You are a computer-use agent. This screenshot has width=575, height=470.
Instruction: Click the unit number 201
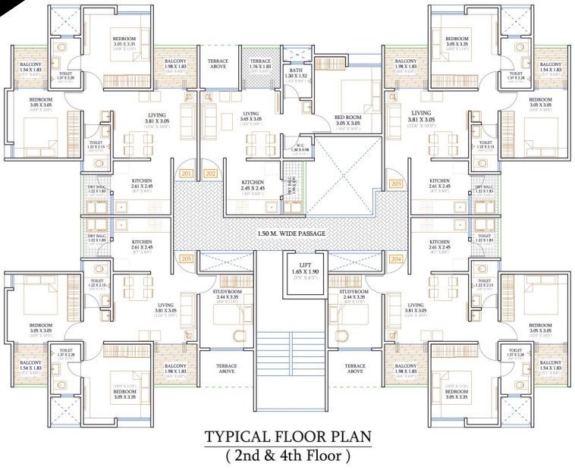(x=187, y=174)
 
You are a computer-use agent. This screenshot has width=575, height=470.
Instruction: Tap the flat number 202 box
(x=211, y=174)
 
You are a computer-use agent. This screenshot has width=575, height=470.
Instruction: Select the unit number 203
(x=395, y=183)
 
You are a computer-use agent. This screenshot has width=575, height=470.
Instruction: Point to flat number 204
(x=395, y=258)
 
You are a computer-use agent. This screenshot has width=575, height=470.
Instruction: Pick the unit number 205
(x=187, y=258)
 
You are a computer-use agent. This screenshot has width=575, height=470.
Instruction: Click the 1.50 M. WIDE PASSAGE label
(x=291, y=233)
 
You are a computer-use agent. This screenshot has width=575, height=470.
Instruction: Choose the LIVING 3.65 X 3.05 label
(x=251, y=116)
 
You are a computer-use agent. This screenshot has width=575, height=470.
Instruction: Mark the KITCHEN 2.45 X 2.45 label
(x=253, y=185)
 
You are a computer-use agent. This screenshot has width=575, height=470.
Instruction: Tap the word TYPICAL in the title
(x=240, y=437)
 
